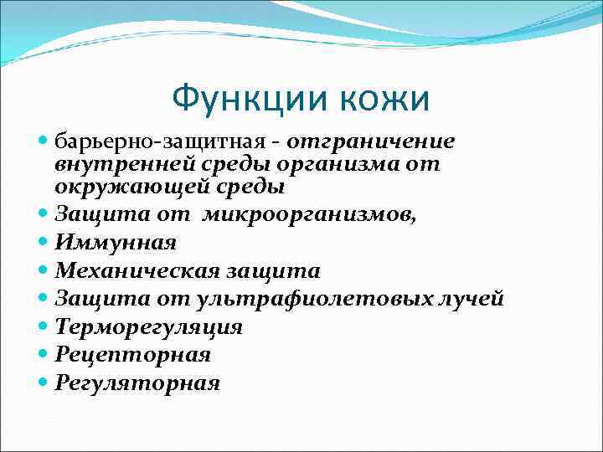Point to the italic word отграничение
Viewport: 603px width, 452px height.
(370, 140)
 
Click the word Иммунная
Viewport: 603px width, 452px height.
(116, 243)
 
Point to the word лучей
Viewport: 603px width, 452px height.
(473, 299)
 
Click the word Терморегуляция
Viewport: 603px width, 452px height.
(149, 327)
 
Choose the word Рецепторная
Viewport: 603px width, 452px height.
(133, 355)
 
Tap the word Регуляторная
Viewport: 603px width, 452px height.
(137, 383)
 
